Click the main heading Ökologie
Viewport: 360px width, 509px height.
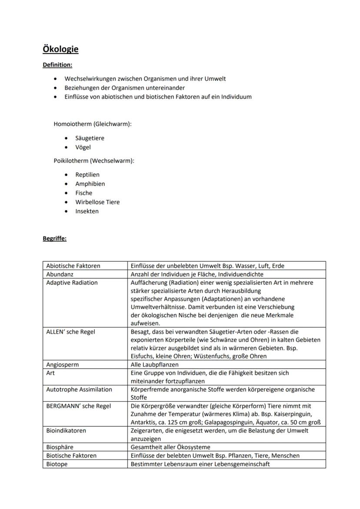[60, 49]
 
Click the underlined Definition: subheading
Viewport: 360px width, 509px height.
[57, 65]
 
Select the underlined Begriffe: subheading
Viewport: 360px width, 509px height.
[54, 238]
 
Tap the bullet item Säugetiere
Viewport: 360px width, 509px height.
[90, 138]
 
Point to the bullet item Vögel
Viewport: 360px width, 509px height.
[83, 147]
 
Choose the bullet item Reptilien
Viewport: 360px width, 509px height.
[87, 175]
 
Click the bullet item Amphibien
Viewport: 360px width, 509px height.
[90, 184]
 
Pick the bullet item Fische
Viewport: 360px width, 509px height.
[83, 193]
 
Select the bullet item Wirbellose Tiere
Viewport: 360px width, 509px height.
[97, 202]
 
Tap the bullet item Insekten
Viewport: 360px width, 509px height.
[87, 211]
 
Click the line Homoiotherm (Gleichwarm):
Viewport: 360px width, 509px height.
[92, 124]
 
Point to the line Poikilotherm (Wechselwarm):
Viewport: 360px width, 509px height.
[93, 161]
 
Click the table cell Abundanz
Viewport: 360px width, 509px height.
[60, 274]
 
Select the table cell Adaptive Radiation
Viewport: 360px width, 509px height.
[72, 283]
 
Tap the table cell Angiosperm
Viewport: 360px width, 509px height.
[62, 365]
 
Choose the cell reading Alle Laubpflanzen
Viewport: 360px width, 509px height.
[154, 365]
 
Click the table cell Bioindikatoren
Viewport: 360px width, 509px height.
[66, 431]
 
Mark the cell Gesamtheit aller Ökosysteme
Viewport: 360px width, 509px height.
[170, 447]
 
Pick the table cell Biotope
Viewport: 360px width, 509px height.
[57, 464]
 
